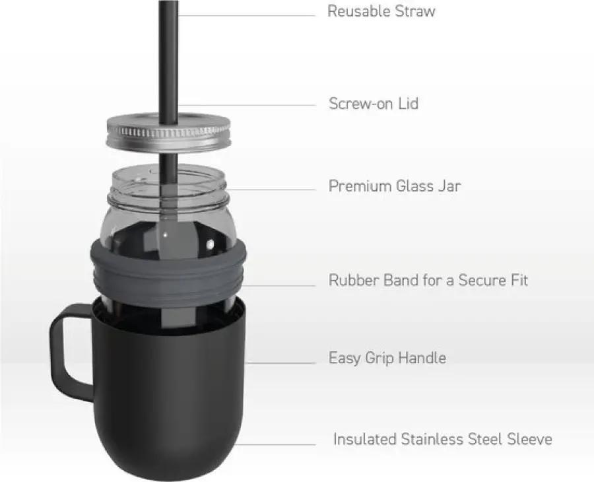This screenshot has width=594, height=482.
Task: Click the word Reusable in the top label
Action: tap(359, 11)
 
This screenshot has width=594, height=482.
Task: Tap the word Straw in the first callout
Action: tap(415, 11)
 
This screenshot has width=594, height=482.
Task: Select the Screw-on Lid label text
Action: tap(374, 104)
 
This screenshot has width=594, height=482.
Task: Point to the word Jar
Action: tap(449, 186)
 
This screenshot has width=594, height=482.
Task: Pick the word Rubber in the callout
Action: tap(354, 280)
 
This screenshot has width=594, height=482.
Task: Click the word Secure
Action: tap(480, 280)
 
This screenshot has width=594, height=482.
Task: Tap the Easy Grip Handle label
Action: tap(387, 358)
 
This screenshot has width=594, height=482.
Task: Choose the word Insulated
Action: tap(365, 439)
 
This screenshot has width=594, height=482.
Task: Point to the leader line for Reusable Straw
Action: tap(247, 16)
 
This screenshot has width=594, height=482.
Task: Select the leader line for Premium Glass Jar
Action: tap(271, 189)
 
